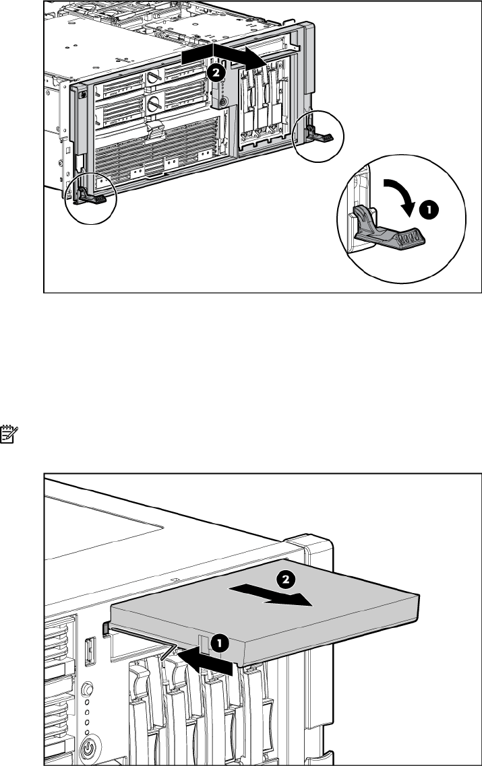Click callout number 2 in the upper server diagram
(216, 72)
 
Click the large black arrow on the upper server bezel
(224, 55)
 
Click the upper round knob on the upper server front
(154, 76)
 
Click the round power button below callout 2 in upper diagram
(224, 102)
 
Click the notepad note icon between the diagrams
(9, 434)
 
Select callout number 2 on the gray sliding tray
(286, 580)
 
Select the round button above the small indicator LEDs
(86, 689)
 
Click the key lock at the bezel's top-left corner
(83, 94)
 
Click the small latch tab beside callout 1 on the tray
(204, 644)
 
